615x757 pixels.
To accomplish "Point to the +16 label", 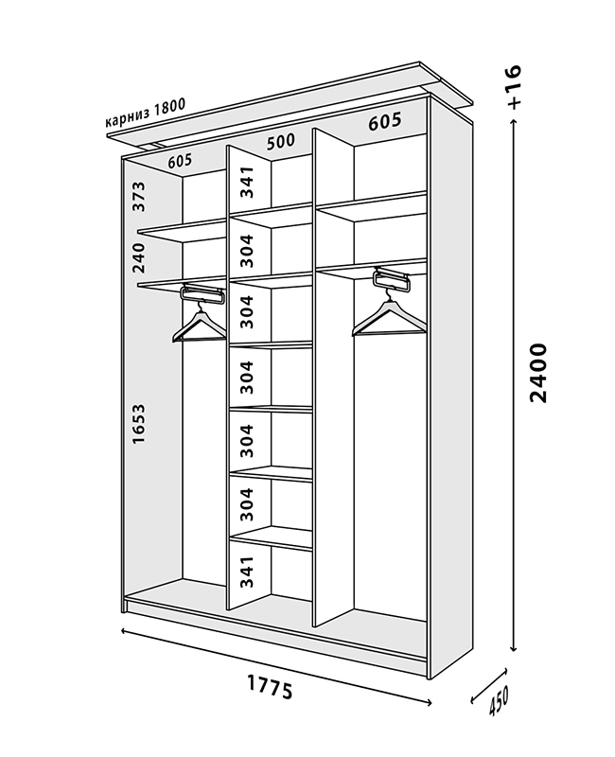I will pyautogui.click(x=514, y=87).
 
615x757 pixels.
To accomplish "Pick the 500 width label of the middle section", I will pyautogui.click(x=280, y=142).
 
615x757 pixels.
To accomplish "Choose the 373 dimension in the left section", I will pyautogui.click(x=138, y=196).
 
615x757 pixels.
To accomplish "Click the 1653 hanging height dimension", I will pyautogui.click(x=138, y=427).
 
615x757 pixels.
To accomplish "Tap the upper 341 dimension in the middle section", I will pyautogui.click(x=247, y=181).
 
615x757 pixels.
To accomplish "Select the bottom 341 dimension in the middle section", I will pyautogui.click(x=247, y=572).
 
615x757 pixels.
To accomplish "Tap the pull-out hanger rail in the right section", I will pyautogui.click(x=395, y=277).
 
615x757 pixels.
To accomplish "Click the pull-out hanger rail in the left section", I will pyautogui.click(x=201, y=293).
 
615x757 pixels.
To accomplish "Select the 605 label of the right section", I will pyautogui.click(x=384, y=122).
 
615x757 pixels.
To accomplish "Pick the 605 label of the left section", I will pyautogui.click(x=180, y=161).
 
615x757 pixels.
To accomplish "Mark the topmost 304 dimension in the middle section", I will pyautogui.click(x=247, y=252).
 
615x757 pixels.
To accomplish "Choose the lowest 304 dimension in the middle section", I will pyautogui.click(x=247, y=504).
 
